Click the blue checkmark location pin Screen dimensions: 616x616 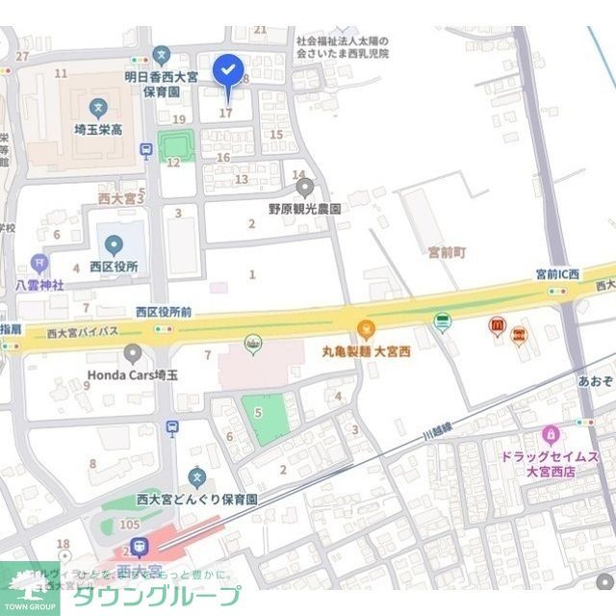tap(228, 70)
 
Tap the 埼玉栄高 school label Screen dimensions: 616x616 tap(97, 128)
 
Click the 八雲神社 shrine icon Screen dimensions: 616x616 tap(38, 262)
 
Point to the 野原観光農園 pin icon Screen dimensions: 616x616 tap(305, 187)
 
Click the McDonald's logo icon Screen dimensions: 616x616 tap(498, 327)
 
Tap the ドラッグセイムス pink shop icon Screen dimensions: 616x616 tap(551, 434)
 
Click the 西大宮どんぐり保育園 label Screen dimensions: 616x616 tap(197, 500)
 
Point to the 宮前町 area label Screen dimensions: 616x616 tap(447, 252)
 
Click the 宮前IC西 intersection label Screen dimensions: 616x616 tap(558, 275)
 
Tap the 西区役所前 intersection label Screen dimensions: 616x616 tap(164, 311)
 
